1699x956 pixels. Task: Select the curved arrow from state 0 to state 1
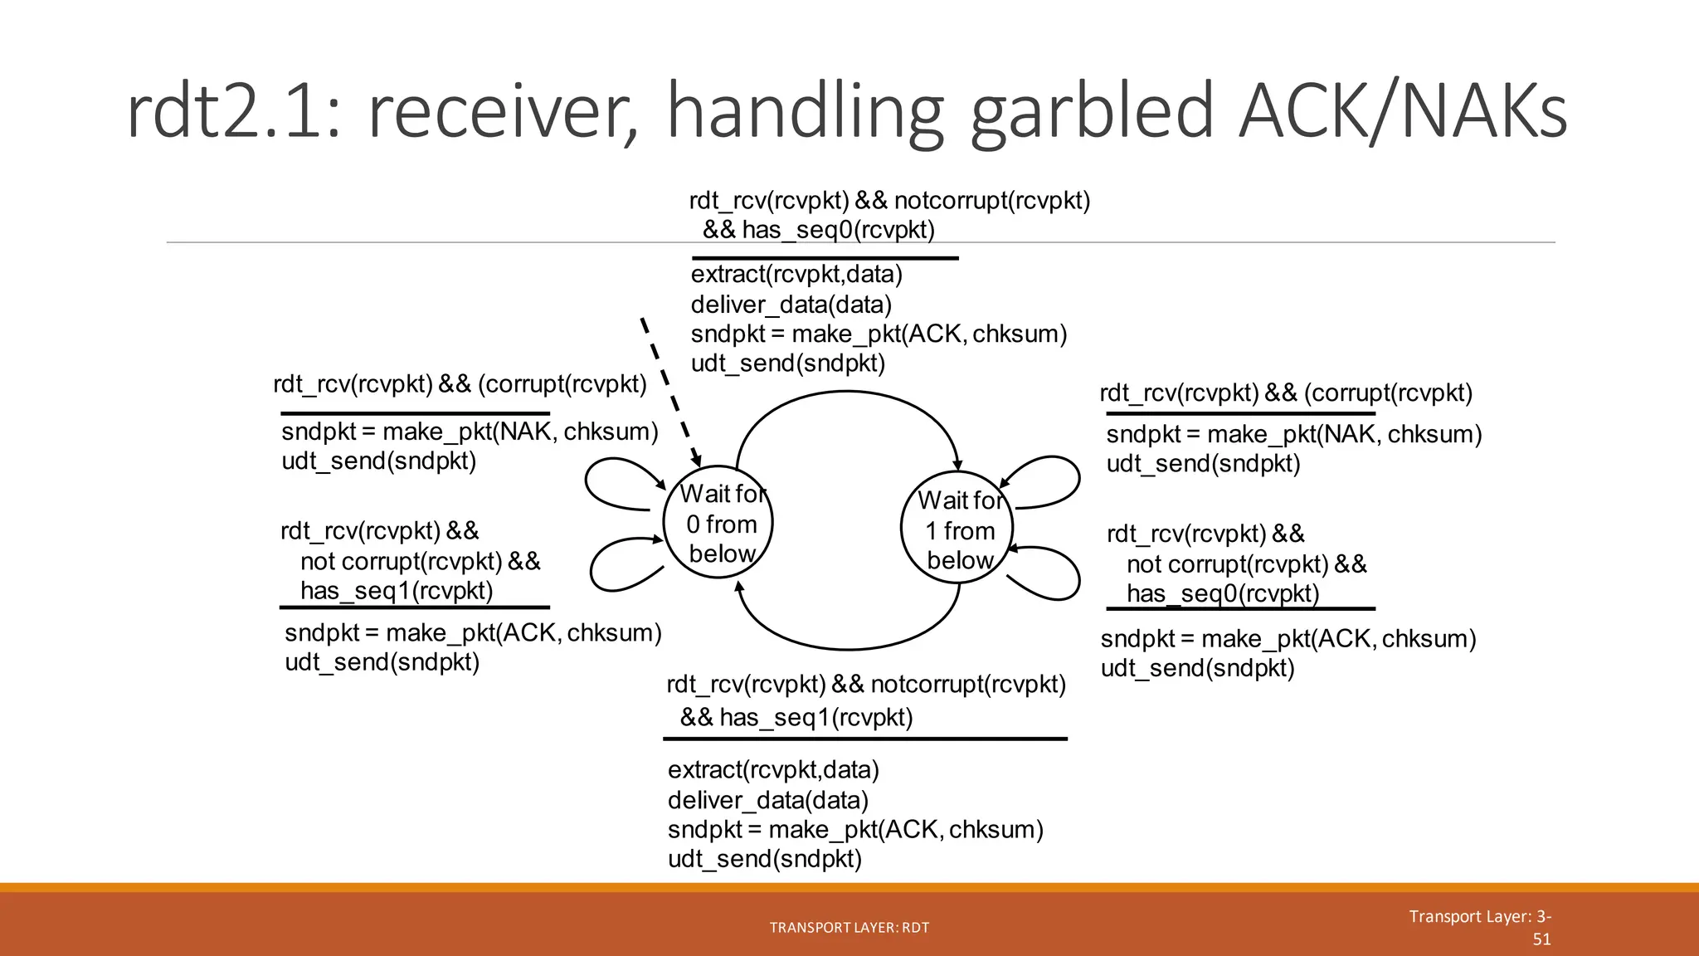tap(846, 393)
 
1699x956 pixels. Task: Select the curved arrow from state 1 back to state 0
tap(846, 648)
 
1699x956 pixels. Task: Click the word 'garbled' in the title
tap(1091, 112)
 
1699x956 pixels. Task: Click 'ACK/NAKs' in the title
tap(1402, 112)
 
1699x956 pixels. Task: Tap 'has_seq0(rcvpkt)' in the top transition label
tap(838, 230)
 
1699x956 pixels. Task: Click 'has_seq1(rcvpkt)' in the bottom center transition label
tap(815, 717)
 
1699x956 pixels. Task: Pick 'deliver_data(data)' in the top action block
tap(791, 305)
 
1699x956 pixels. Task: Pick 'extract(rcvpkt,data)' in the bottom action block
tap(773, 770)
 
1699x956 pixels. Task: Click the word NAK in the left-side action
tap(526, 432)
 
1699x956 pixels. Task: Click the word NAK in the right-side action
tap(1350, 434)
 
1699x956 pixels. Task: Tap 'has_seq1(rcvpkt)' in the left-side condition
tap(397, 591)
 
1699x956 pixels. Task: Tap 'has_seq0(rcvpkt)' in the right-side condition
tap(1222, 594)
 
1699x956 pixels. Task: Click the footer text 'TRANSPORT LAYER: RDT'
tap(849, 928)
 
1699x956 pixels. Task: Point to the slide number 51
tap(1541, 939)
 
